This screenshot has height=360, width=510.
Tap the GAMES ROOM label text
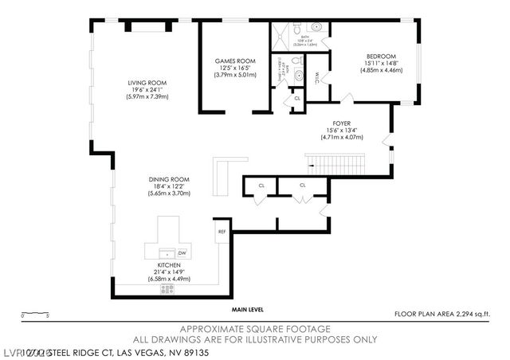pyautogui.click(x=233, y=61)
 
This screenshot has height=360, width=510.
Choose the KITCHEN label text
pyautogui.click(x=168, y=264)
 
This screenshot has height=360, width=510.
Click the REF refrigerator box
pyautogui.click(x=222, y=232)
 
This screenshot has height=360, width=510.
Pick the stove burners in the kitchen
pyautogui.click(x=168, y=289)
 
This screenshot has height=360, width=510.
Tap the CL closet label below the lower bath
pyautogui.click(x=296, y=98)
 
